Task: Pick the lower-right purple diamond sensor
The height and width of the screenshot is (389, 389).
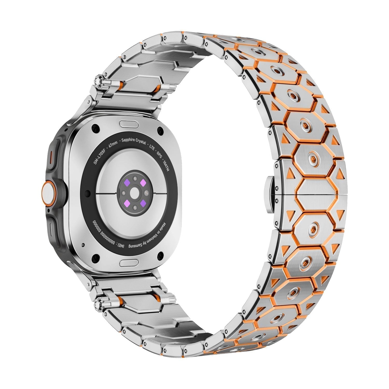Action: point(142,202)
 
